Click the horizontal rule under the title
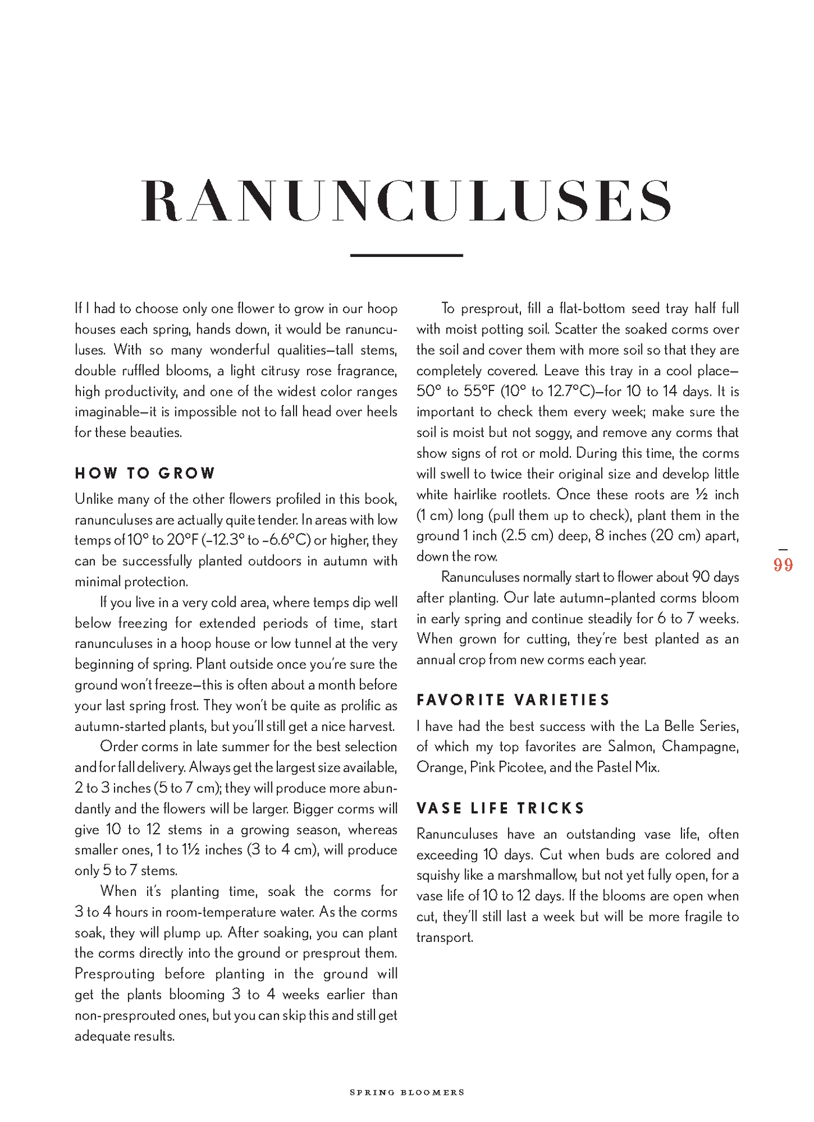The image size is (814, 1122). (x=406, y=255)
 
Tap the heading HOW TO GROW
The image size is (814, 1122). (x=145, y=474)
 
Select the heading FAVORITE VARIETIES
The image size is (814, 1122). (x=513, y=700)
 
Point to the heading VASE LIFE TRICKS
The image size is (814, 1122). (x=501, y=808)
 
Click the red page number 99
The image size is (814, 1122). (x=783, y=565)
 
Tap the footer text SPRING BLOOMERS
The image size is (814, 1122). (x=407, y=1092)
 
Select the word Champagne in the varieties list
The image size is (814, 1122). (x=700, y=747)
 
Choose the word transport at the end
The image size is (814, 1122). (x=444, y=937)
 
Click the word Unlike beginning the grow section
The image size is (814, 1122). (x=94, y=499)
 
